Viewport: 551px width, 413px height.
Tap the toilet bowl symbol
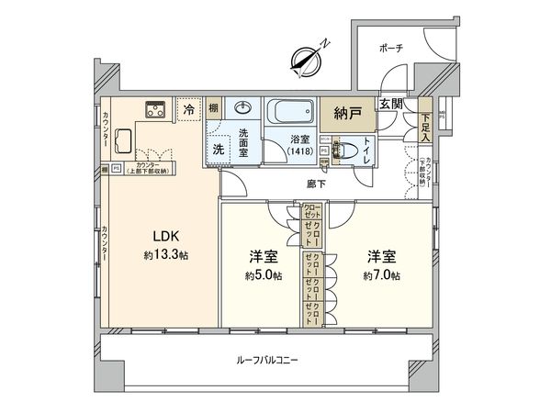(x=348, y=149)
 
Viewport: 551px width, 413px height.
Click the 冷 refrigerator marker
(x=189, y=109)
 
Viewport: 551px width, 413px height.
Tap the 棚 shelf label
(x=213, y=108)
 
